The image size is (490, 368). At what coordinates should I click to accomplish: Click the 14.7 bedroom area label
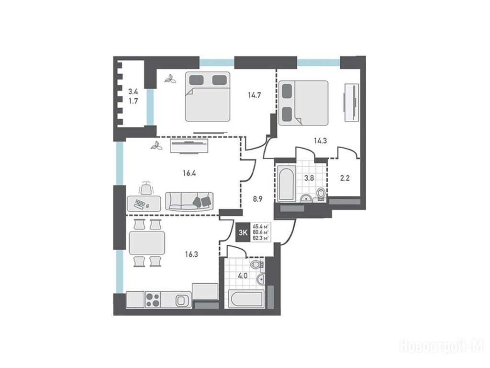pyautogui.click(x=255, y=95)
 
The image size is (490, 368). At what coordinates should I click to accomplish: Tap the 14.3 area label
pyautogui.click(x=320, y=141)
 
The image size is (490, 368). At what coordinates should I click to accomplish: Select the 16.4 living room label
pyautogui.click(x=189, y=172)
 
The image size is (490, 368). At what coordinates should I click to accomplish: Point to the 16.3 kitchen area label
pyautogui.click(x=191, y=254)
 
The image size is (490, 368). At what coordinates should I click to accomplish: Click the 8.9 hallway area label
pyautogui.click(x=257, y=199)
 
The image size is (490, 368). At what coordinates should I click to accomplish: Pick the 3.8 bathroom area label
pyautogui.click(x=309, y=178)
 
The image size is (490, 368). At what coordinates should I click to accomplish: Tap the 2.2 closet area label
pyautogui.click(x=345, y=178)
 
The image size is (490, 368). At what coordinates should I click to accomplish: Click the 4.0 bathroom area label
pyautogui.click(x=243, y=276)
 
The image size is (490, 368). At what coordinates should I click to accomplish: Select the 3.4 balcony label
pyautogui.click(x=134, y=92)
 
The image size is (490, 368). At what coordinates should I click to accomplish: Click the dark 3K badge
pyautogui.click(x=243, y=232)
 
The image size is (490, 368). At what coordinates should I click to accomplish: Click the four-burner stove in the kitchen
pyautogui.click(x=153, y=300)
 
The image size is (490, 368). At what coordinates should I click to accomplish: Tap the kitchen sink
pyautogui.click(x=181, y=301)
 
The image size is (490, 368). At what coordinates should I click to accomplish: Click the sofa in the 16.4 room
pyautogui.click(x=189, y=201)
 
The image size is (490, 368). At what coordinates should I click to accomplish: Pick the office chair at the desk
pyautogui.click(x=146, y=188)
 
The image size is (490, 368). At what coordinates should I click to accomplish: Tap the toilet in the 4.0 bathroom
pyautogui.click(x=257, y=264)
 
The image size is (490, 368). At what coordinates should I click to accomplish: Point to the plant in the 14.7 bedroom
pyautogui.click(x=170, y=80)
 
